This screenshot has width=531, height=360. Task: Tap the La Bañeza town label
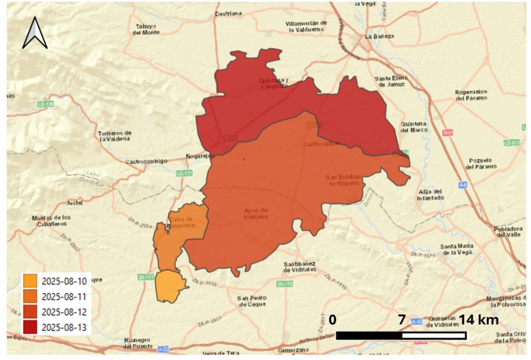click(x=380, y=36)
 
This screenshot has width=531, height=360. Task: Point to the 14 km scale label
click(x=478, y=320)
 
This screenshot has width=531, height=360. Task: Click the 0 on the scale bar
click(x=332, y=320)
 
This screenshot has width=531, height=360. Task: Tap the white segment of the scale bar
click(x=434, y=336)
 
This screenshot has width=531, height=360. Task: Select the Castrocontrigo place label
click(x=146, y=161)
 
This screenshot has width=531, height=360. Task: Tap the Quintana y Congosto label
click(x=274, y=83)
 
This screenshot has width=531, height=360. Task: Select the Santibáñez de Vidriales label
click(x=299, y=267)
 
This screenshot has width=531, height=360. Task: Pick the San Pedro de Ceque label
click(x=252, y=301)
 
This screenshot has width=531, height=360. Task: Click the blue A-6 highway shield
click(x=463, y=185)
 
